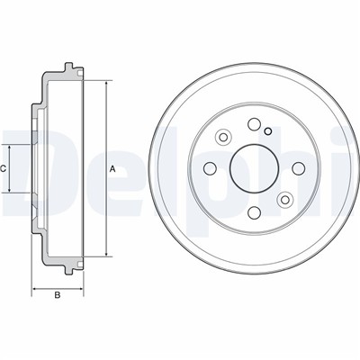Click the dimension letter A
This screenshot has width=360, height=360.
(x=112, y=169)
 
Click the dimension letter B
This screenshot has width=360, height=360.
(x=58, y=295)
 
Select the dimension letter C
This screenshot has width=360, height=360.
(x=4, y=168)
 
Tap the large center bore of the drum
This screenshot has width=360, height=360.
(x=254, y=169)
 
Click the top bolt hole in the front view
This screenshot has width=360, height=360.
(x=254, y=124)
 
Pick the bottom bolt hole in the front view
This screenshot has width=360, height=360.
(x=254, y=212)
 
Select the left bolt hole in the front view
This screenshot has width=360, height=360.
(x=210, y=168)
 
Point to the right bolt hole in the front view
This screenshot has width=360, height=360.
(x=298, y=168)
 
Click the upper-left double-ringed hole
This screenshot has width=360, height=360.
(x=223, y=138)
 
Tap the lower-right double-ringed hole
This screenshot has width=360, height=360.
(x=284, y=200)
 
